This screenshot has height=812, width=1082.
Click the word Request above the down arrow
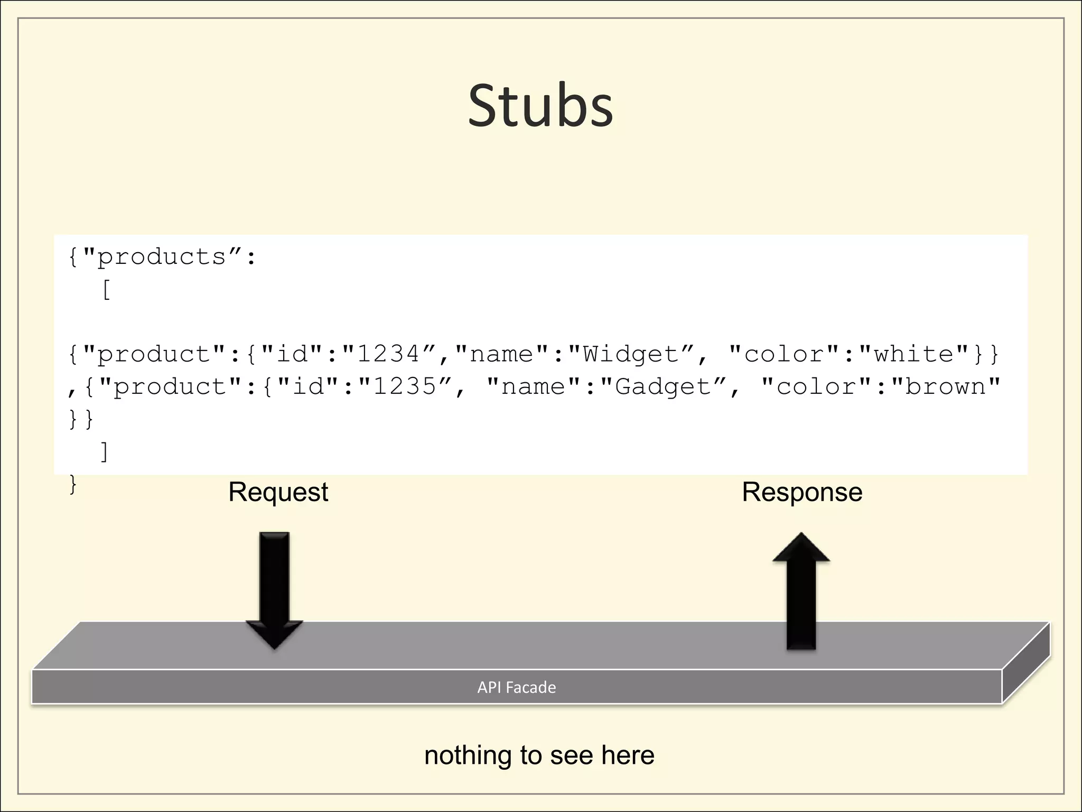tap(278, 492)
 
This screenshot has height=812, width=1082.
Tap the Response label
tap(801, 492)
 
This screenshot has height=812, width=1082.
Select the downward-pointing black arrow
tap(274, 589)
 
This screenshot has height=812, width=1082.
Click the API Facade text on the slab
tap(516, 687)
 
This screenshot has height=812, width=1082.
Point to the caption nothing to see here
tap(539, 755)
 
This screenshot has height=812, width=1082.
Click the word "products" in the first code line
tap(162, 257)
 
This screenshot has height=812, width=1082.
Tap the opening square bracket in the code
tap(106, 290)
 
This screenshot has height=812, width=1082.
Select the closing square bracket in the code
tap(105, 452)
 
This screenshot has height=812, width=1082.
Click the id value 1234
tap(388, 354)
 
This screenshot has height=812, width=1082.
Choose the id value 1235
tap(405, 387)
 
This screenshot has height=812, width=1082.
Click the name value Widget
tap(631, 354)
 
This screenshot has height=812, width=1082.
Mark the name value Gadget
tap(664, 387)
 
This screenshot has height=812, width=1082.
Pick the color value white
tap(913, 354)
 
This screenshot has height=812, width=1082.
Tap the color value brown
tap(946, 387)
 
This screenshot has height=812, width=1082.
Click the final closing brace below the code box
tap(73, 484)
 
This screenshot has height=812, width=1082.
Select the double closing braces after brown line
tap(81, 419)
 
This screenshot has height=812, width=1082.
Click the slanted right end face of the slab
tap(1026, 663)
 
